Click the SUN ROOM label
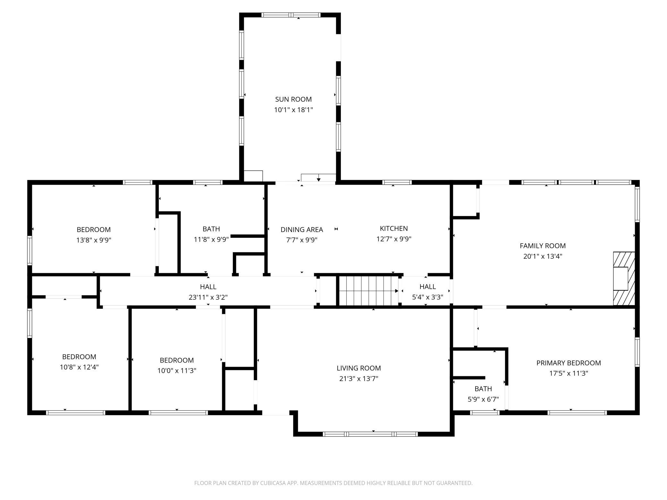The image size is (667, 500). pos(293,99)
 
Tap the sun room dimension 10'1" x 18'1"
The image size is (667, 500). pos(293,110)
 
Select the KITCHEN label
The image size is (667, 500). pos(394,229)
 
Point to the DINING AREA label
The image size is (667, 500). pos(302,229)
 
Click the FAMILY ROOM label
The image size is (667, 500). pos(543,246)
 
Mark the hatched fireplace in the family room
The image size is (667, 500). pos(624,279)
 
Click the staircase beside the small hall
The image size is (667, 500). pos(369,291)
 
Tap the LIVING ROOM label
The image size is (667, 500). pos(359,368)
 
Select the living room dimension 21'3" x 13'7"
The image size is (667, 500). pos(359,379)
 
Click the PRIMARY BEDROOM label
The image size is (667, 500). pos(569,363)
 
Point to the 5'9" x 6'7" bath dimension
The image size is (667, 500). pos(483,399)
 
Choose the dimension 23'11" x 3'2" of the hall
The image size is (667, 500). pos(208,297)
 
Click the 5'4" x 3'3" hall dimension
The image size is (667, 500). pos(427,297)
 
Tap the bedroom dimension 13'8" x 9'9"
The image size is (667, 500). pos(94,240)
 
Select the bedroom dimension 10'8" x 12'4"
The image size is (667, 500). pos(79,367)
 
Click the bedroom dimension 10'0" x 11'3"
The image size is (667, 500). pos(177,371)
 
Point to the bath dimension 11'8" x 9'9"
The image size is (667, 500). pos(211,239)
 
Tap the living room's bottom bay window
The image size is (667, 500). pos(370,434)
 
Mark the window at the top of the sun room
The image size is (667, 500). pos(291,15)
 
